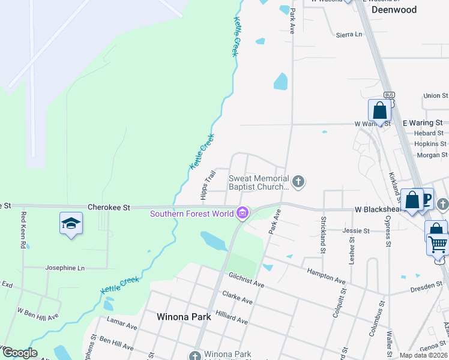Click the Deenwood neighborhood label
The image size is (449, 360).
click(x=394, y=10)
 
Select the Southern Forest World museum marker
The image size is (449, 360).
click(x=243, y=213)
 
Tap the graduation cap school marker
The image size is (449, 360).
click(x=71, y=223)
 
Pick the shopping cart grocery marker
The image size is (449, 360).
click(x=438, y=245)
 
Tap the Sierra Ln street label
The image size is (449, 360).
click(x=350, y=34)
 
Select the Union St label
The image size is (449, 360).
click(x=435, y=95)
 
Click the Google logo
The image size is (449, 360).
click(x=20, y=353)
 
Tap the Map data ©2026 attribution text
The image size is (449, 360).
click(x=423, y=355)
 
